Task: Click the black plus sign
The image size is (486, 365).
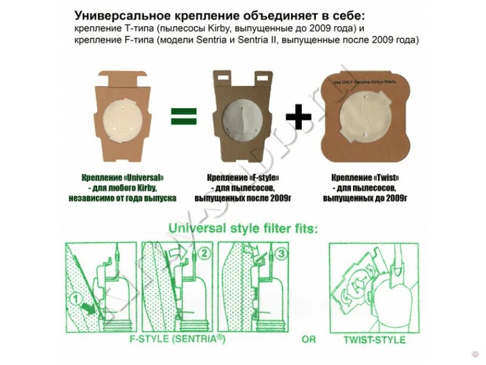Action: coord(299,115)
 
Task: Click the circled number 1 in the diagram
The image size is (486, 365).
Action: coord(75,298)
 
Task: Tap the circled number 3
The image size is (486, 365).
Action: coord(280,253)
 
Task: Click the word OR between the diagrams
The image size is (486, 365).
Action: coord(309,339)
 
